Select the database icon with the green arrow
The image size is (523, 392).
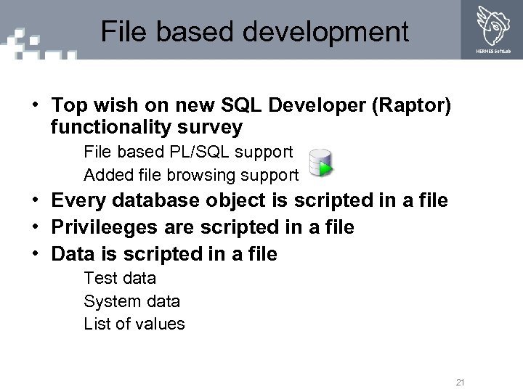pyautogui.click(x=320, y=163)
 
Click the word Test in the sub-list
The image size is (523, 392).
pyautogui.click(x=99, y=278)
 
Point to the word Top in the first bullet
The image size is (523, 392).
pyautogui.click(x=68, y=107)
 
